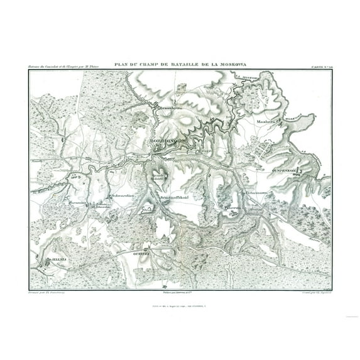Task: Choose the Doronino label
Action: click(x=77, y=203)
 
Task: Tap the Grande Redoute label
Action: click(x=156, y=178)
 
